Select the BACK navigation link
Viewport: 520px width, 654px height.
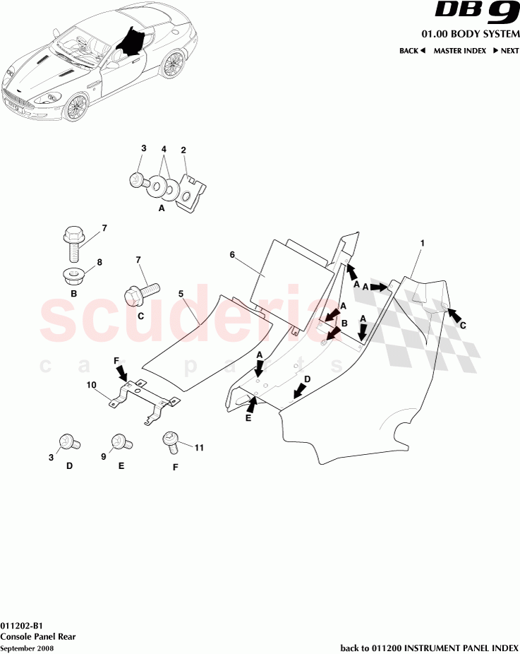(x=412, y=51)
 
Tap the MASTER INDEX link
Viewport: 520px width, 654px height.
(x=458, y=51)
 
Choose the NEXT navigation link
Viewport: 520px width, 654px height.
(x=506, y=51)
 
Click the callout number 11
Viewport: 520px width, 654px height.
(x=199, y=448)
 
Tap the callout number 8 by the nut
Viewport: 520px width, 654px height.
(x=99, y=262)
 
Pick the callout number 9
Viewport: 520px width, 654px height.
(x=102, y=457)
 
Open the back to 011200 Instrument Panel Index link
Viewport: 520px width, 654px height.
(x=429, y=648)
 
